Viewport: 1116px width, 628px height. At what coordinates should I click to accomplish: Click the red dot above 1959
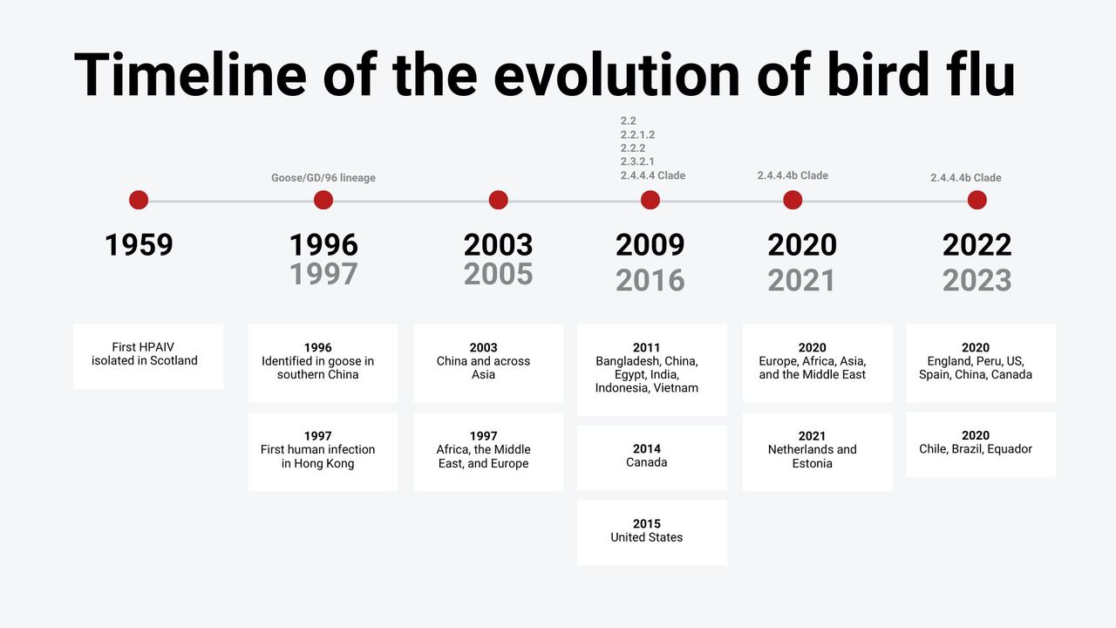tap(139, 200)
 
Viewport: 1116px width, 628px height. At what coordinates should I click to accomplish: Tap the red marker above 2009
tap(650, 200)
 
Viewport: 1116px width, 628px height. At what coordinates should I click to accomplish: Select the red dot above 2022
tap(977, 200)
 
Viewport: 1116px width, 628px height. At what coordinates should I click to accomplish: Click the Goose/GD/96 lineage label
tap(323, 178)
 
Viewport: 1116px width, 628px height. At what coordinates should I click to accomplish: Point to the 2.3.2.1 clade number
tap(637, 161)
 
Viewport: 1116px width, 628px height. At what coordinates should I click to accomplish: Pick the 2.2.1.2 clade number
tap(637, 134)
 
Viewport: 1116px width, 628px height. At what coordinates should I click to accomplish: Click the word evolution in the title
tap(616, 75)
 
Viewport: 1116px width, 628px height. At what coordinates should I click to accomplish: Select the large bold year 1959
tap(139, 245)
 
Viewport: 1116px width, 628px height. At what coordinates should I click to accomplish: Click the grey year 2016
tap(650, 280)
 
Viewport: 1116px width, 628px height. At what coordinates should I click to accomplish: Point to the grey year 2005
tap(498, 274)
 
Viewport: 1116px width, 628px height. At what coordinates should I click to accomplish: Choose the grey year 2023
tap(977, 280)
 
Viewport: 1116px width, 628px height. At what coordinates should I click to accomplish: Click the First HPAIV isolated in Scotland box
tap(148, 357)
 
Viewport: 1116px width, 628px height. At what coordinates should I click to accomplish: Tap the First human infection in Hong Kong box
tap(323, 452)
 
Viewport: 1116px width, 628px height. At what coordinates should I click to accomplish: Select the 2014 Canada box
tap(652, 458)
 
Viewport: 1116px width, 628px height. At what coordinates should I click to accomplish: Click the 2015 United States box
tap(652, 532)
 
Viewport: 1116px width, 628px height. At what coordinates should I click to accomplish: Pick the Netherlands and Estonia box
tap(818, 452)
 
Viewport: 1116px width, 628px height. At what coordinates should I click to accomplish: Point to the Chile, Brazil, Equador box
tap(981, 444)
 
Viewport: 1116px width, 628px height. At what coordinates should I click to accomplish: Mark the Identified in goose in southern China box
tap(323, 364)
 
